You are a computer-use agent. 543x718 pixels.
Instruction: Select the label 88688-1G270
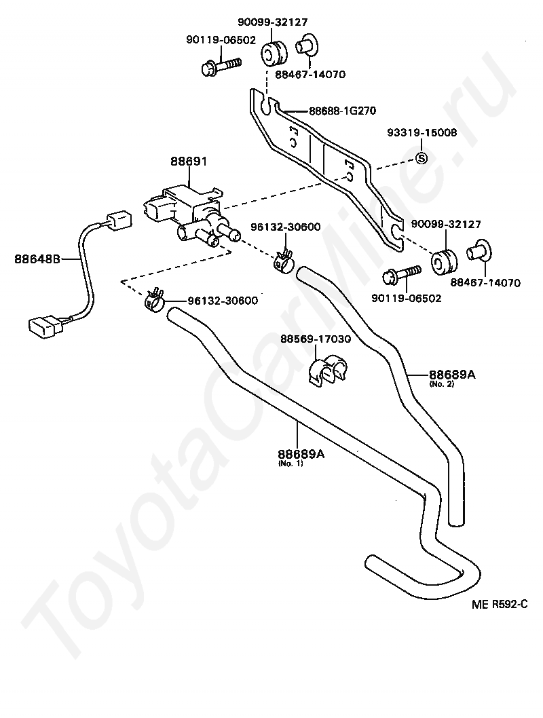(342, 111)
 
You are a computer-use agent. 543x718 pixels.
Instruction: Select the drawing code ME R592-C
(500, 603)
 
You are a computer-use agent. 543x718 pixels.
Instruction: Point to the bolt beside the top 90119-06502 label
(221, 67)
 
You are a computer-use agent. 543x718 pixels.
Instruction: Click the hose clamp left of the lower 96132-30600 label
(155, 299)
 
